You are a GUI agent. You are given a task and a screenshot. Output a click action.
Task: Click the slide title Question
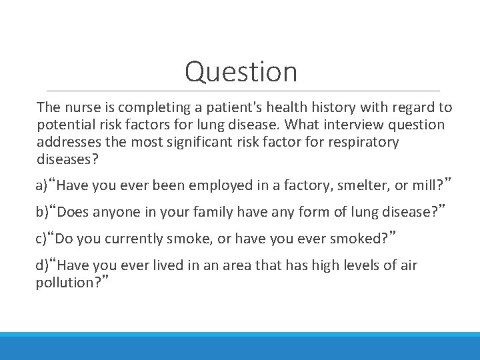click(x=241, y=71)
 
